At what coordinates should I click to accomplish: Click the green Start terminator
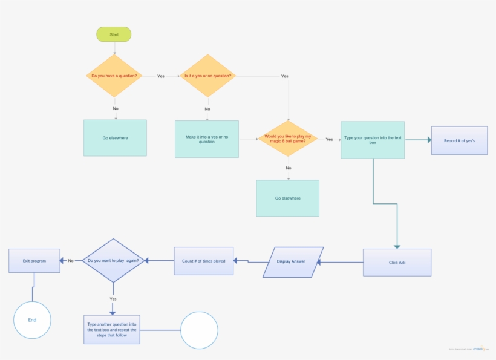(114, 34)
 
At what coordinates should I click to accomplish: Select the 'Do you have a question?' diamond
(114, 76)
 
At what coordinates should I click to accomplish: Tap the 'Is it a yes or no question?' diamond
(207, 76)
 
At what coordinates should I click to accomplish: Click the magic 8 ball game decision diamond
(288, 139)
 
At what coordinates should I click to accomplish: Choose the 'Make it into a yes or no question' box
(207, 139)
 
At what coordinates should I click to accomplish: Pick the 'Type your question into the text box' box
(373, 140)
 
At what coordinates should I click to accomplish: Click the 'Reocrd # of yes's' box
(459, 140)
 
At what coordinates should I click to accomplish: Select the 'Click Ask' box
(397, 263)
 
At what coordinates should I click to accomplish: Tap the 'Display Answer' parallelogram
(293, 261)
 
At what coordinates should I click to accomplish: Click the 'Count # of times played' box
(204, 261)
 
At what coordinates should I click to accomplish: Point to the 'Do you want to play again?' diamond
(113, 261)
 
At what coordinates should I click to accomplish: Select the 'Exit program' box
(34, 261)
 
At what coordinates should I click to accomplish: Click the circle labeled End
(32, 319)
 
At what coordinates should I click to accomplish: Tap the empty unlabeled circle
(199, 330)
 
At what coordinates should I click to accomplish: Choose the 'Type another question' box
(112, 330)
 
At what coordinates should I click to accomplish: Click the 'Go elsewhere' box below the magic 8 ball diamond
(288, 198)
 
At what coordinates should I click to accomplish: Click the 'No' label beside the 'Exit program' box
(71, 261)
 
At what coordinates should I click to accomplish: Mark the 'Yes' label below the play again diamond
(113, 299)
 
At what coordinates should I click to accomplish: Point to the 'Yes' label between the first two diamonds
(161, 76)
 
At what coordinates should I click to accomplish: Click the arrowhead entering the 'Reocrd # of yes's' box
(429, 140)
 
